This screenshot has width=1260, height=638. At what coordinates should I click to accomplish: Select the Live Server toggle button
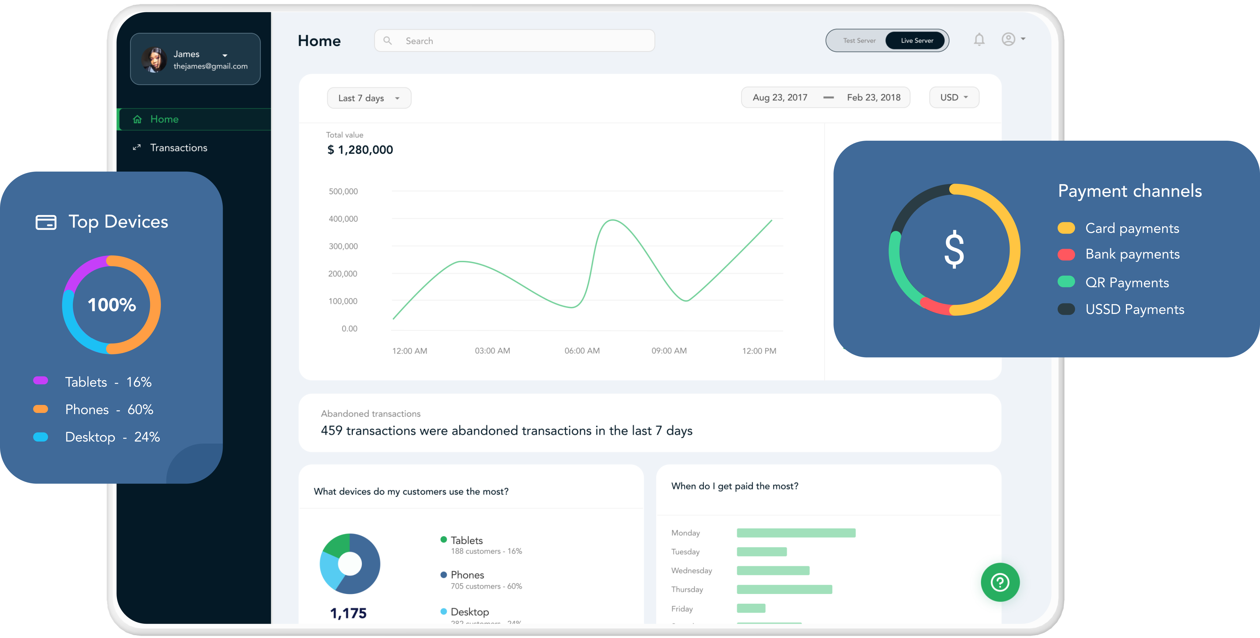tap(917, 41)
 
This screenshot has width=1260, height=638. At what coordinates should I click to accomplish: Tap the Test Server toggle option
tap(859, 41)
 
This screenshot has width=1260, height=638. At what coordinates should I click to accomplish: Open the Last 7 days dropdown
tap(369, 98)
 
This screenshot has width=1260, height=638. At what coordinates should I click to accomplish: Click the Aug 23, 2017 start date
tap(780, 97)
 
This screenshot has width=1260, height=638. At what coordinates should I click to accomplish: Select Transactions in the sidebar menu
tap(179, 148)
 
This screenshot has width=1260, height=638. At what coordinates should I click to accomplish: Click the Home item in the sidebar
tap(164, 119)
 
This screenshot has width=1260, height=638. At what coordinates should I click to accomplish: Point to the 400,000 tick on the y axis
tap(343, 219)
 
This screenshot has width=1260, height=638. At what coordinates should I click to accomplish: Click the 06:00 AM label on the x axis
tap(582, 351)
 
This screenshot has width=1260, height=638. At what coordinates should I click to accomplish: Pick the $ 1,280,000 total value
tap(360, 150)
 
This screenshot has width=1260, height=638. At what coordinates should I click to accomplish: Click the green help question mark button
tap(1000, 582)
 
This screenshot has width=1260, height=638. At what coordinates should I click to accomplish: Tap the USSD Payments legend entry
tap(1134, 309)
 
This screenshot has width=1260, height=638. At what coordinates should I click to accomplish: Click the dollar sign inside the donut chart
tap(954, 250)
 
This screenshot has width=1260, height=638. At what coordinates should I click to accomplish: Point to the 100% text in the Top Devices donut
tap(111, 305)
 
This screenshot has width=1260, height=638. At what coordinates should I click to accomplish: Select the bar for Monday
tap(796, 533)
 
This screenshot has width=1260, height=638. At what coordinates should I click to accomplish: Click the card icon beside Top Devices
tap(46, 222)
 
